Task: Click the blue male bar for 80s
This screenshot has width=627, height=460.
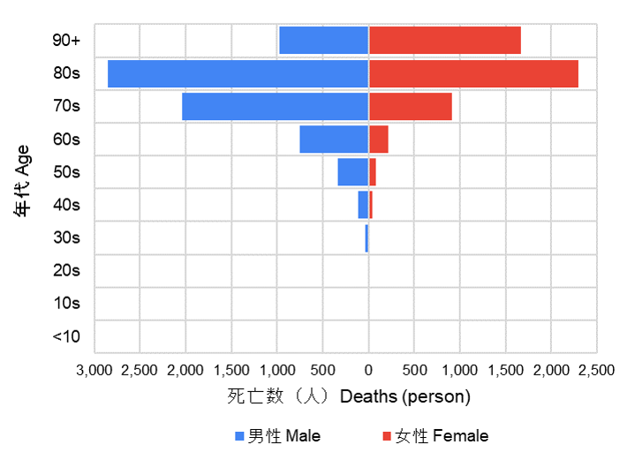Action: pos(238,74)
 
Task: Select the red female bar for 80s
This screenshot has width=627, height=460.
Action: pos(473,74)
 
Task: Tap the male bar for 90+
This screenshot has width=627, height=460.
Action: pos(323,41)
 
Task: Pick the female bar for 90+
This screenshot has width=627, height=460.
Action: pos(444,41)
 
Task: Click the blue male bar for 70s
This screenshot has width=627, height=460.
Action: pos(275,107)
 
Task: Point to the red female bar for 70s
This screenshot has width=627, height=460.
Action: pos(410,107)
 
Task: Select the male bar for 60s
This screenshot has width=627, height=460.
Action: pos(334,140)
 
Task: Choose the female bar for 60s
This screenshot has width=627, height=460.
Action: pos(378,140)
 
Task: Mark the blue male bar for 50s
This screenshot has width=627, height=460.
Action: pos(352,172)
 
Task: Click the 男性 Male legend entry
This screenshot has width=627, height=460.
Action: pos(277,436)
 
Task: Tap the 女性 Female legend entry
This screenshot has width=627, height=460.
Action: pos(434,436)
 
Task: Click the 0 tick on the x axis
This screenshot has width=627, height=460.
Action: pos(368,369)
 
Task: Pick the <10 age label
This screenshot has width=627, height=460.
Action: pos(66,336)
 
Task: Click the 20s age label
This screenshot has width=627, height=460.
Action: pos(66,270)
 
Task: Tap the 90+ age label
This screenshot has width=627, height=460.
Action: pos(66,41)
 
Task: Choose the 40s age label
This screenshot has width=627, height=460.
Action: pos(66,205)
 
